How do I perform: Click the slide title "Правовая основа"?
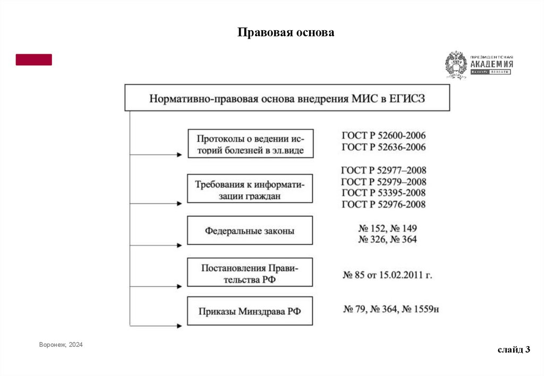click(285, 33)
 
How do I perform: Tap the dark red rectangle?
click(34, 59)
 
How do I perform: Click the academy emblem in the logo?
click(456, 65)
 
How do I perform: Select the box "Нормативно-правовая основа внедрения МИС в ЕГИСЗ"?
click(287, 98)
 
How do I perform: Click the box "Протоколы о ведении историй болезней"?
click(250, 143)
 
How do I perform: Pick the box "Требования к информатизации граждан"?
click(250, 189)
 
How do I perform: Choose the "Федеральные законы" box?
click(250, 230)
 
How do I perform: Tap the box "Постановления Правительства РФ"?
click(250, 273)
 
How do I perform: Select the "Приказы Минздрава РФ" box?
click(250, 311)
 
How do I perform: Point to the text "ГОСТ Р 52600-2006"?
click(384, 136)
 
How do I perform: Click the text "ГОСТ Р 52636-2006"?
click(384, 147)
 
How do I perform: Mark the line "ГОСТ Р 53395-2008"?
click(384, 193)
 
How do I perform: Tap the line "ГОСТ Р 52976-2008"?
click(384, 204)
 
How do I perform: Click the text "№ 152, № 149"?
click(388, 228)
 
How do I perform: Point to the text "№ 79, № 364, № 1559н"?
click(393, 309)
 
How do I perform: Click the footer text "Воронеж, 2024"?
click(61, 345)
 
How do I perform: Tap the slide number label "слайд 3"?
click(514, 349)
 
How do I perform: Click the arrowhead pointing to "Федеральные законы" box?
click(181, 245)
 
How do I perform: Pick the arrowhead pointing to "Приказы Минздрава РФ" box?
click(181, 326)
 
